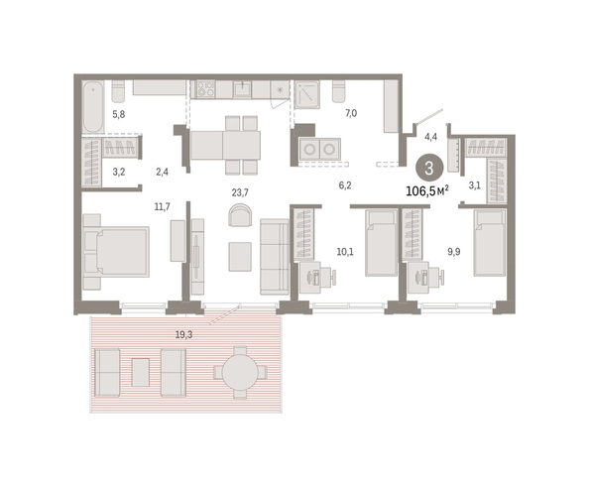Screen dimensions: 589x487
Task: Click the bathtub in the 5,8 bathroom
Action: point(93,106)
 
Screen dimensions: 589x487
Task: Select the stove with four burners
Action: point(205,90)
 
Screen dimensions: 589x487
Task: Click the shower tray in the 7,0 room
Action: point(307,94)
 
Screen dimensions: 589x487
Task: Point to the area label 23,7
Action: point(240,192)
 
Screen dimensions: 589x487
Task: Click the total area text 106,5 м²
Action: point(427,191)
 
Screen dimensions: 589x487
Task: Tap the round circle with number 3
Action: point(429,168)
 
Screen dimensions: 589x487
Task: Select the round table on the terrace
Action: point(240,372)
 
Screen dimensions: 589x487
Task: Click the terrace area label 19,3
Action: point(183,334)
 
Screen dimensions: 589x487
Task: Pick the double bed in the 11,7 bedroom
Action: point(116,251)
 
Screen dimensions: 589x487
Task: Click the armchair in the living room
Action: point(240,215)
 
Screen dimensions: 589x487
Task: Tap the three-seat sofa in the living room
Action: point(275,257)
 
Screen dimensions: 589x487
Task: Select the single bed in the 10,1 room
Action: point(382,243)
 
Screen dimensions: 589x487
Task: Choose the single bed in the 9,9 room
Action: point(490,243)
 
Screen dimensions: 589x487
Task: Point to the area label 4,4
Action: point(430,137)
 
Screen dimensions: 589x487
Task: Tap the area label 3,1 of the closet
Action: point(475,185)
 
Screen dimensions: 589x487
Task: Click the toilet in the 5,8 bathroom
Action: point(118,91)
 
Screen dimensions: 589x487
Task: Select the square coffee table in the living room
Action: point(240,257)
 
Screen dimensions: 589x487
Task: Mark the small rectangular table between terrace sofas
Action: point(141,372)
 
